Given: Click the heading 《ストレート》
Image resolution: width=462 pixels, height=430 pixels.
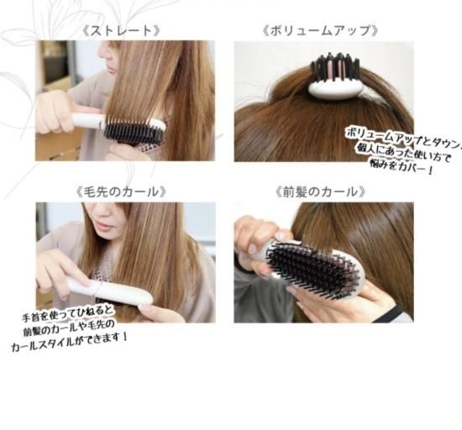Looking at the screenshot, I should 122,31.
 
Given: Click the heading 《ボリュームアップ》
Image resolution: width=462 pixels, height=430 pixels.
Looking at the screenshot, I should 321,31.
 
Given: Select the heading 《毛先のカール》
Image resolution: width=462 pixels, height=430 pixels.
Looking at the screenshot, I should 122,192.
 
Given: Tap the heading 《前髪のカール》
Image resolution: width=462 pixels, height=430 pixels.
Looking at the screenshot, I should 321,192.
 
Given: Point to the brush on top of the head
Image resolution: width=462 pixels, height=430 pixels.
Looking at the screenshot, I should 336,77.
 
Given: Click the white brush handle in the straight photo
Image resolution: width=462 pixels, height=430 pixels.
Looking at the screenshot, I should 87,120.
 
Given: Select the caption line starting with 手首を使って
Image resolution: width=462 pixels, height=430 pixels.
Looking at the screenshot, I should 67,312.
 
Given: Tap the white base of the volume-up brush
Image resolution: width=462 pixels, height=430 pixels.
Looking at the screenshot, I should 336,89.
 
